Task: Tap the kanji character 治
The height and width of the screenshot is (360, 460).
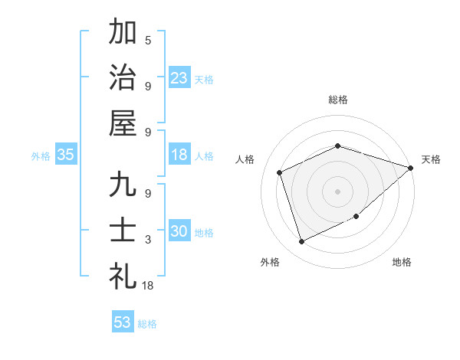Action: (123, 76)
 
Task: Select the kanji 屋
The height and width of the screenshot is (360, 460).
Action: (123, 123)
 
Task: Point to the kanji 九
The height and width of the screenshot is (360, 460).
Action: (123, 186)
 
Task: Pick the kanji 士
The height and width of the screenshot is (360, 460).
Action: (123, 231)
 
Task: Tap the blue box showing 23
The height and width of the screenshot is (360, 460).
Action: (179, 77)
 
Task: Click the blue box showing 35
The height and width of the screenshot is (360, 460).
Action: (66, 155)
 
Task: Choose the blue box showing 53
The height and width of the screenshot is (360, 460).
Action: (123, 322)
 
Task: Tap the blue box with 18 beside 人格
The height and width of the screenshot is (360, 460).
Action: (179, 155)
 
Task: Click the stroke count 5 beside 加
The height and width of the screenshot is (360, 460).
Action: (148, 40)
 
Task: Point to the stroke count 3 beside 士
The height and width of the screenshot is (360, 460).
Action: (148, 240)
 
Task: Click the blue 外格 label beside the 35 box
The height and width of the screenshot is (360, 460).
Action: (41, 156)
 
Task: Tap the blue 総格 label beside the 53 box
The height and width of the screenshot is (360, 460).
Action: (147, 324)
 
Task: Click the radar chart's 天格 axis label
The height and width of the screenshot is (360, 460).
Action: (431, 159)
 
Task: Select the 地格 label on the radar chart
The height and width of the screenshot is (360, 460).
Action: (402, 262)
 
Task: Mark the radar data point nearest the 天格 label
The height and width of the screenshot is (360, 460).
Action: (410, 168)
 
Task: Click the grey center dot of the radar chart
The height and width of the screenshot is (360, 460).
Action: (337, 191)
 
